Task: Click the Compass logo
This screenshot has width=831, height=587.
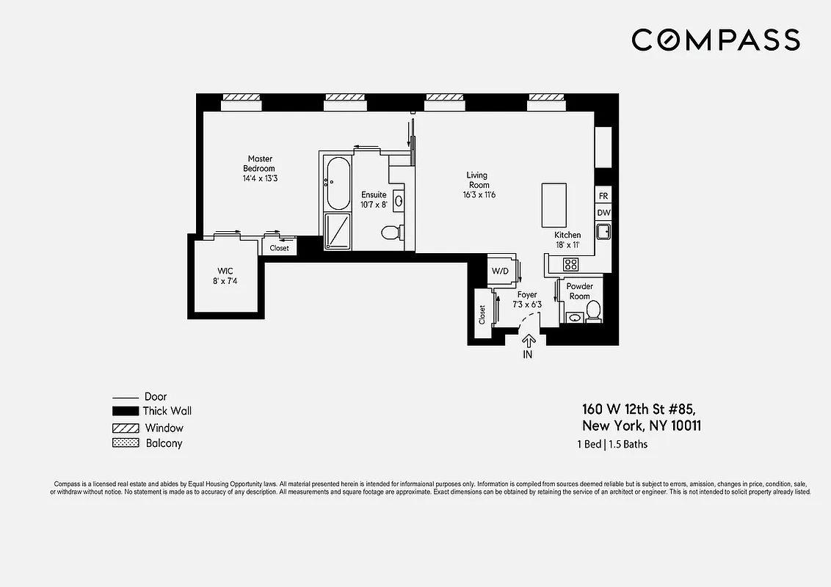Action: tap(715, 40)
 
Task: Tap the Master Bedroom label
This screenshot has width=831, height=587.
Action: tap(260, 164)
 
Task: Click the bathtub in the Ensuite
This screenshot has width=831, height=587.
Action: tap(338, 183)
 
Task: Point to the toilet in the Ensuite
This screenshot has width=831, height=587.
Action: tap(391, 233)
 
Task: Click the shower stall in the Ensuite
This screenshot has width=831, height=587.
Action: tap(338, 232)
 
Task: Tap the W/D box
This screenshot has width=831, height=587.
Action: tap(501, 271)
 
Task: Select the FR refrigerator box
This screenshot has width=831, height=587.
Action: tap(603, 196)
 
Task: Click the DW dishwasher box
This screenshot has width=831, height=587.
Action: tap(603, 213)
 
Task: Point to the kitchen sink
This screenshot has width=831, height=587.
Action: tap(603, 232)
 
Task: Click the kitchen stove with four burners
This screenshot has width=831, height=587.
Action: tap(570, 264)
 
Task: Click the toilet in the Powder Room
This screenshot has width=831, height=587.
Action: tap(593, 311)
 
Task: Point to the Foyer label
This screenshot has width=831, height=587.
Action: tap(527, 295)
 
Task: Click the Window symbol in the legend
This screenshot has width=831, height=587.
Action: tap(124, 428)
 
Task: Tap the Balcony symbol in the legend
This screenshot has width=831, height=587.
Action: tap(124, 443)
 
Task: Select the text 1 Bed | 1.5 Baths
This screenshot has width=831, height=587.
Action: tap(612, 444)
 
